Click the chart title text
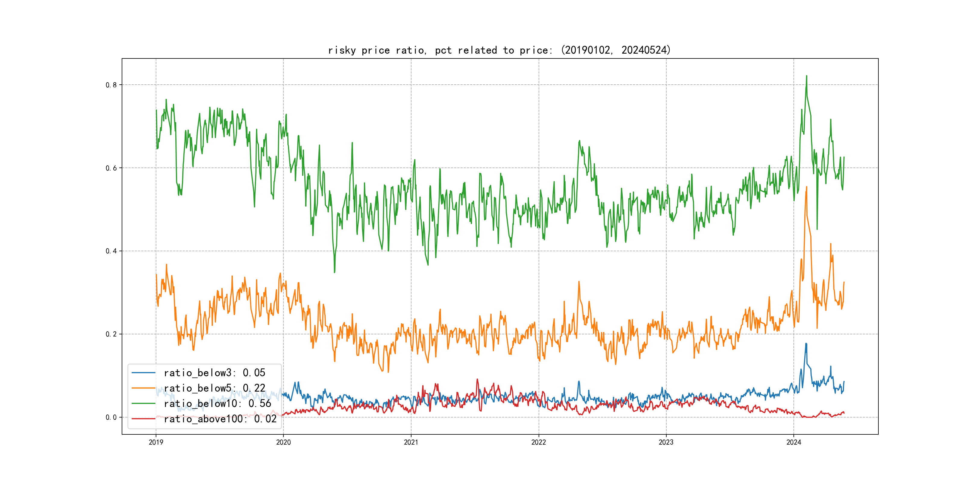tap(499, 50)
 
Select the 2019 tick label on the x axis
tap(156, 442)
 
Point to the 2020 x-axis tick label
tap(283, 442)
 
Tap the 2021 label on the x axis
tap(411, 442)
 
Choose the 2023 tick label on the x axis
tap(666, 442)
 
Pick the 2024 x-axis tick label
tap(794, 442)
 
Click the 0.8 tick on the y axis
tap(111, 85)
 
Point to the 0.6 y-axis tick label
tap(111, 168)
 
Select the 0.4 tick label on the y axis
tap(111, 251)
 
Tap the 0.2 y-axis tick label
tap(111, 334)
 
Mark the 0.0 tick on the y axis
tap(111, 418)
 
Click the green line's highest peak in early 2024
tap(807, 76)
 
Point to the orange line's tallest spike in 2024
tap(807, 187)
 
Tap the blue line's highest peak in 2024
tap(806, 343)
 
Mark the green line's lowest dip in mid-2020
tap(334, 272)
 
